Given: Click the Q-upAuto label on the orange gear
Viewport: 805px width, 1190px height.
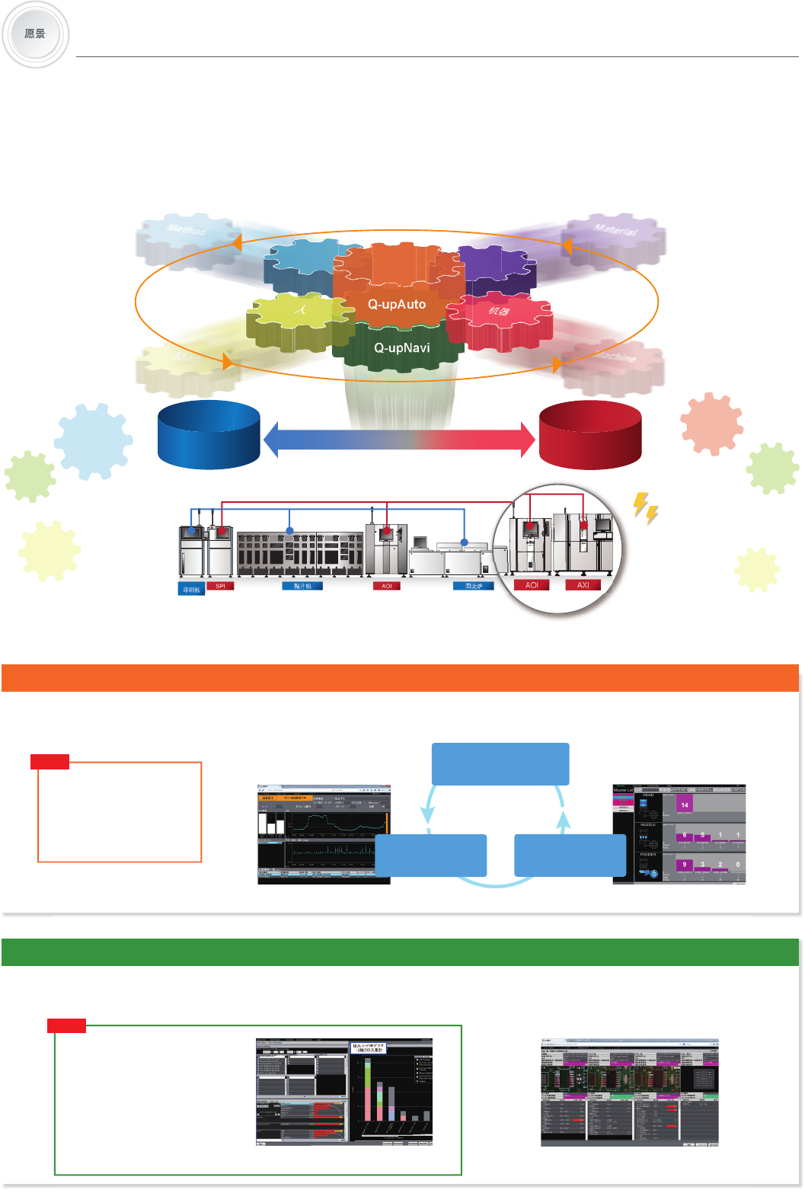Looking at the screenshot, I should [x=397, y=304].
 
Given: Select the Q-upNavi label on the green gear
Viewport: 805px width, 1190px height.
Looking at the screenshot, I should [x=401, y=347].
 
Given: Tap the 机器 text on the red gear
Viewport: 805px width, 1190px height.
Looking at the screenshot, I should [x=500, y=311].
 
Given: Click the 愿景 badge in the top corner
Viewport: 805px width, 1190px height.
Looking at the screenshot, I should [x=35, y=34].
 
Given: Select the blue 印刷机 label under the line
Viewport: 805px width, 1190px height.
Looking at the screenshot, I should [x=191, y=590].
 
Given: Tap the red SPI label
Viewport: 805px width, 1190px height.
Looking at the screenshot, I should [x=220, y=586].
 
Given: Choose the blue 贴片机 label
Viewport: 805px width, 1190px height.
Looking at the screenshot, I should [x=302, y=586].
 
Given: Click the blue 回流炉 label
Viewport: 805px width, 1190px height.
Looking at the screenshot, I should [x=473, y=586].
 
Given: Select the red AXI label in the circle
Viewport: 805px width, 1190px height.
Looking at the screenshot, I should [x=583, y=585].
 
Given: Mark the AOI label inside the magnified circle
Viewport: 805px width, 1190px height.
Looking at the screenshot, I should [x=532, y=585].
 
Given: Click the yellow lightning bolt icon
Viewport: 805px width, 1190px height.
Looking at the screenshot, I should [x=646, y=507].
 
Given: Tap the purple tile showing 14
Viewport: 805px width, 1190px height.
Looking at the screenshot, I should [x=684, y=805].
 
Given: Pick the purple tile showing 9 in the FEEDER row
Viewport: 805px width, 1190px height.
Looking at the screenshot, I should [x=684, y=865].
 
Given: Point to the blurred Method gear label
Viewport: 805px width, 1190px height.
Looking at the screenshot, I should [x=185, y=228].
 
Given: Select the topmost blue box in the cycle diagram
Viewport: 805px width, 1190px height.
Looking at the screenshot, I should [x=500, y=763].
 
